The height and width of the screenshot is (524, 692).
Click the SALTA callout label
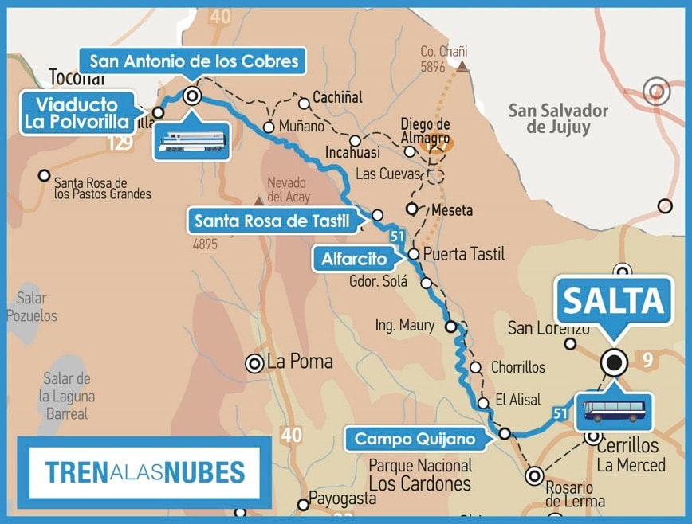coord(613,301)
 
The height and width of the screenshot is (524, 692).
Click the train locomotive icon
coord(191,142)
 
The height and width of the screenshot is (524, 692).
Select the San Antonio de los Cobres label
coord(194,61)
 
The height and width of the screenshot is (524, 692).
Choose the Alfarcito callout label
coord(354,259)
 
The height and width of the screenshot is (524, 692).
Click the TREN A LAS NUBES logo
coord(144,472)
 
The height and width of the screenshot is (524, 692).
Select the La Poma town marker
coord(255,363)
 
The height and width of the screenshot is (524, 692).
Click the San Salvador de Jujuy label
coord(558,119)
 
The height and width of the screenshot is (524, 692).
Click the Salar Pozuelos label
coord(32,307)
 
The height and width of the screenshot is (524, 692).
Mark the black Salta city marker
coord(614,363)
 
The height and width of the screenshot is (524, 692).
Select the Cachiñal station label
coord(337,97)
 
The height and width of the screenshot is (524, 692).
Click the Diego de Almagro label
coord(425,131)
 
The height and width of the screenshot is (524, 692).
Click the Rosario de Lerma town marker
coord(534,476)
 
